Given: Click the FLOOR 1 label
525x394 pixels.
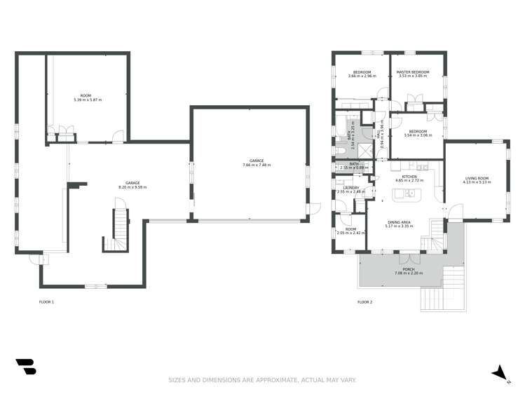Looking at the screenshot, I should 46,302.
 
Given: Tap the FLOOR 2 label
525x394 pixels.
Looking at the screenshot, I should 364,302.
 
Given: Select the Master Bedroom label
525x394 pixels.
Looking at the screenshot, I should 412,72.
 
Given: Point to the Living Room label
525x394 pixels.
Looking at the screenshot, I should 477,178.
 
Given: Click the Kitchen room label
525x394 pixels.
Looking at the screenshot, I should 409,177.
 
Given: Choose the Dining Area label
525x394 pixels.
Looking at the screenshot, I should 400,222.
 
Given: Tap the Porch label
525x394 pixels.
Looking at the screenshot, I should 409,269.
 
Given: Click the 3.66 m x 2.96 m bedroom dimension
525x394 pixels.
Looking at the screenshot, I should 362,76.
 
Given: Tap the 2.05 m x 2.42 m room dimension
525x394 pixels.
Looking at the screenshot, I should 348,233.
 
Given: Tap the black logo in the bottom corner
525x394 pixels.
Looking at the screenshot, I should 25,367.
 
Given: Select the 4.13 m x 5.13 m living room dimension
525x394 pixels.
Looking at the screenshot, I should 477,182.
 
